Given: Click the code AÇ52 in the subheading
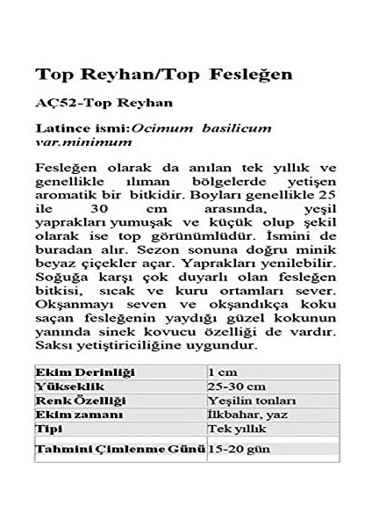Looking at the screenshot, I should (53, 103).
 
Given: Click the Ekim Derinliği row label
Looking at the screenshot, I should (85, 372).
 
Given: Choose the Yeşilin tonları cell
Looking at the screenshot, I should (246, 401).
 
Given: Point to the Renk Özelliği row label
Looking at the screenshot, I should (80, 401).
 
